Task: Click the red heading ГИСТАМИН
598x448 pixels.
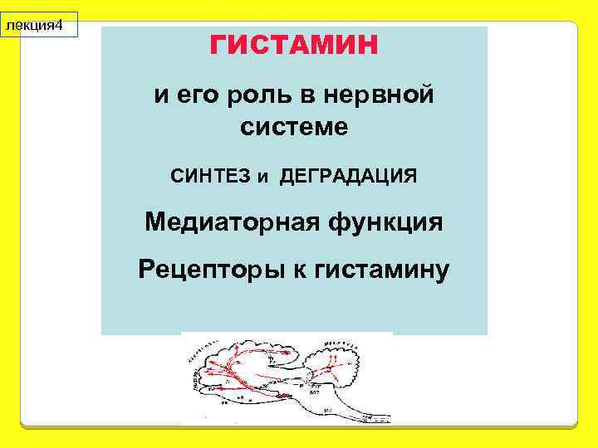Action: click(x=294, y=44)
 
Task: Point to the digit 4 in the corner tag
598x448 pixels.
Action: click(x=60, y=26)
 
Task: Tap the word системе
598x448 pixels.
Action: click(x=294, y=129)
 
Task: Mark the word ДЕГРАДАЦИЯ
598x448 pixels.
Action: click(x=348, y=177)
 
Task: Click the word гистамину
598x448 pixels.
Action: click(x=379, y=270)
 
